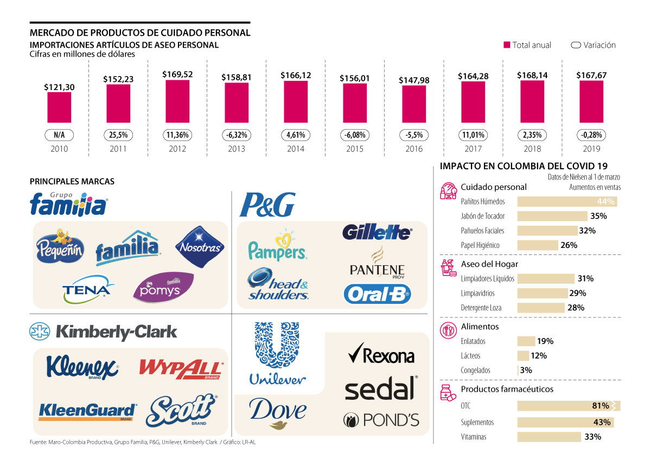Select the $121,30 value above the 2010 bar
(59, 86)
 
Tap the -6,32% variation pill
(237, 135)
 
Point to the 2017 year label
(473, 149)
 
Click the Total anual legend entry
(527, 45)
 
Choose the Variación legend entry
(593, 45)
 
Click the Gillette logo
(377, 232)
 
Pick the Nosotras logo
(200, 247)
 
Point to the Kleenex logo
(82, 366)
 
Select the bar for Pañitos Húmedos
(567, 202)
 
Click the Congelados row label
(475, 371)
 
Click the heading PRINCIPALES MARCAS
(72, 181)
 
